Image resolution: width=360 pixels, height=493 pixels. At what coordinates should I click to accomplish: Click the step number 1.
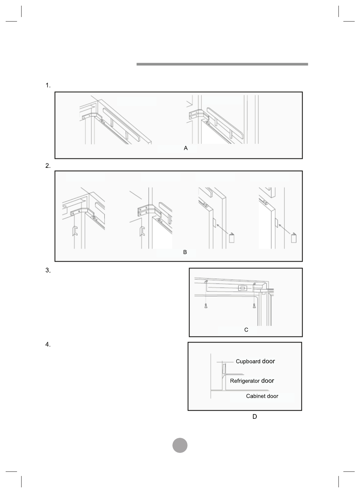coord(48,85)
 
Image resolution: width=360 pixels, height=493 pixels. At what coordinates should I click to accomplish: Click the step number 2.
coord(48,166)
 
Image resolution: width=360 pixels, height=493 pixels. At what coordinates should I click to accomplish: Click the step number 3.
coord(48,270)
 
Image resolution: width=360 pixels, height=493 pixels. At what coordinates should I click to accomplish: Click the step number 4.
coord(48,345)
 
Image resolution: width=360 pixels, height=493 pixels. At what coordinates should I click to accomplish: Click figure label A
coord(186,149)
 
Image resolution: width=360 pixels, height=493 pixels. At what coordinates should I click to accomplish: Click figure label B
coord(185,252)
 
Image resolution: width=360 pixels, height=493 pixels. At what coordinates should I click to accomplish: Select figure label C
coord(246,330)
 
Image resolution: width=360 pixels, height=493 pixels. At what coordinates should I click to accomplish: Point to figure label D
coord(254,417)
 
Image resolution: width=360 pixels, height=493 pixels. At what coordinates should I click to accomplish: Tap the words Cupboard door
coord(255,361)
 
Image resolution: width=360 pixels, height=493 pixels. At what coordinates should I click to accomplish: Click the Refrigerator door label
coord(252,381)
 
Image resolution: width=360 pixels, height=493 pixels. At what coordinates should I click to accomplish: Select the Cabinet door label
coord(262,396)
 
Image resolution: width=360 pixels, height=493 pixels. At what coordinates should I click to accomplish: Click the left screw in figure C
coord(205,306)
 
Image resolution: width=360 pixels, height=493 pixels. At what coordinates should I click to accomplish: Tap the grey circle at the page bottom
coord(180,445)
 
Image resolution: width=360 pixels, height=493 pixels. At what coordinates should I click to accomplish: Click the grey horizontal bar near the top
coord(222,64)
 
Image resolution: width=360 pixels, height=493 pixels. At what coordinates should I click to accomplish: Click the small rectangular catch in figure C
coord(242,288)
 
